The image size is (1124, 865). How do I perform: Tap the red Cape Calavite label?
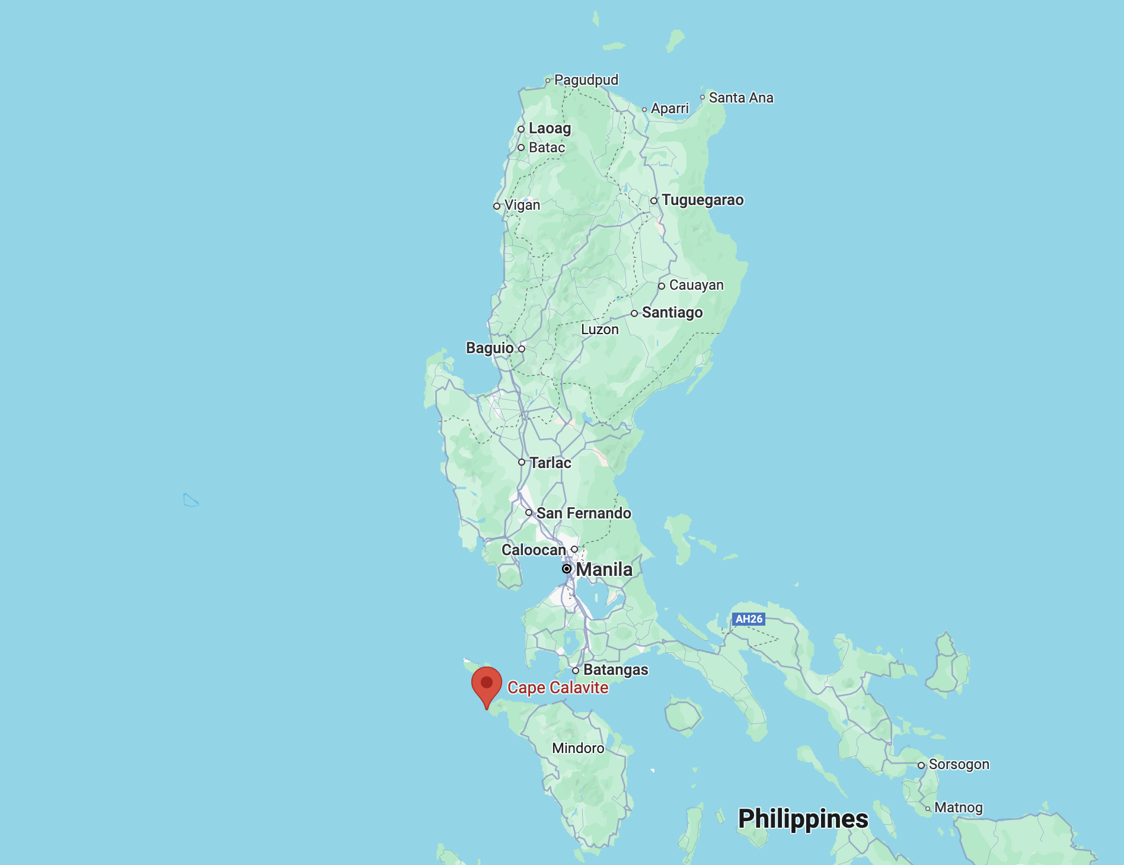coord(557,688)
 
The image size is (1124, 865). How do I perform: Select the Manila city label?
coord(603,569)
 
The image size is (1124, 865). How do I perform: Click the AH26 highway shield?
coord(749,619)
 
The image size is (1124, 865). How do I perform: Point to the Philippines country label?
coord(803,819)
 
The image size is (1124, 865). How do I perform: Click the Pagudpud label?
coord(586,80)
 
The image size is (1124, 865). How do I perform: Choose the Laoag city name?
coord(550,129)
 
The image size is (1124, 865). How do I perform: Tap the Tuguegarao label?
coord(702,200)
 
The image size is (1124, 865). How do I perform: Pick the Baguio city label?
coord(490,348)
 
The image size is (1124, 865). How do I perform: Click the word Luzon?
coord(599,329)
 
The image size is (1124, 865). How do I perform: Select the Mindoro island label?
coord(578,748)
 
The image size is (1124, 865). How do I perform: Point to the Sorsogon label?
coord(959,764)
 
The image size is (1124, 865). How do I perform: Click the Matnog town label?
coord(958,808)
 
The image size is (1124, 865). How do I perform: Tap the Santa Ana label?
coord(740,98)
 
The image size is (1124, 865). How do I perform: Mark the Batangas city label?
coord(615,670)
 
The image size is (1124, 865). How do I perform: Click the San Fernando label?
coord(583,513)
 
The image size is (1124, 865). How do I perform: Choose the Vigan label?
coord(522,206)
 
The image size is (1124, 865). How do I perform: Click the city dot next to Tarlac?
coord(522,462)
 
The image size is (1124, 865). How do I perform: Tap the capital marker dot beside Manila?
coord(567,569)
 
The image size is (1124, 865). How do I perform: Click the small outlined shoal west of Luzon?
coord(190,501)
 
